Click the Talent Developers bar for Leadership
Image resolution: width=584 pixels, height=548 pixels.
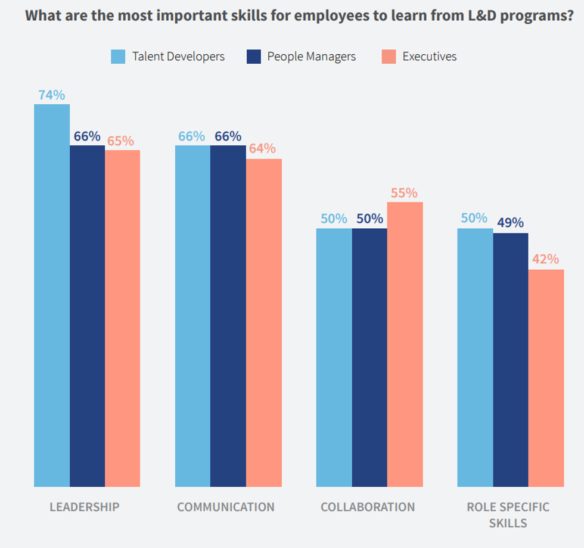pos(52,295)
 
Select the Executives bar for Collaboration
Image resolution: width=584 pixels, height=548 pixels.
pos(405,344)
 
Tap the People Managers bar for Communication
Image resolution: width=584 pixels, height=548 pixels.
pos(228,316)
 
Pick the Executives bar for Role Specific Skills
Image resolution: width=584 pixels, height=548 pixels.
pos(546,378)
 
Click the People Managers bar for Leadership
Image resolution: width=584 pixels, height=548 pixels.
pos(87,316)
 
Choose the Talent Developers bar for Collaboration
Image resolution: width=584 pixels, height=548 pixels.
pos(334,357)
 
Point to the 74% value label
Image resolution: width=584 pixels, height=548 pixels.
pos(52,95)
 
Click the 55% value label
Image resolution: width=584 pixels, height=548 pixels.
pos(405,193)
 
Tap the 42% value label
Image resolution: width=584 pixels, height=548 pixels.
pos(546,260)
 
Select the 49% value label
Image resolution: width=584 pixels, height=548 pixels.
pos(510,223)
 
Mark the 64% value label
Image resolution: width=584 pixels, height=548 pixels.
pos(263,148)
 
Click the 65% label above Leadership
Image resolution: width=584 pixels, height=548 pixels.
pos(121,141)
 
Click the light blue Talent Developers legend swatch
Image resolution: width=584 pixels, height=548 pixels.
pos(118,57)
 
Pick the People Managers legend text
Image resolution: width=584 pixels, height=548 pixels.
pos(312,57)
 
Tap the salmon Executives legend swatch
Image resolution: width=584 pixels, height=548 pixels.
pos(388,57)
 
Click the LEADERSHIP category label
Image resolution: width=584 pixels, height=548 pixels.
pos(85,507)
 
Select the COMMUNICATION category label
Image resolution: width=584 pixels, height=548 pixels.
pos(226,507)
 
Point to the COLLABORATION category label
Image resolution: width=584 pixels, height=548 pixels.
pos(368,507)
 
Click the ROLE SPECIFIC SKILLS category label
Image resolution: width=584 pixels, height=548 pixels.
pos(508,515)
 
